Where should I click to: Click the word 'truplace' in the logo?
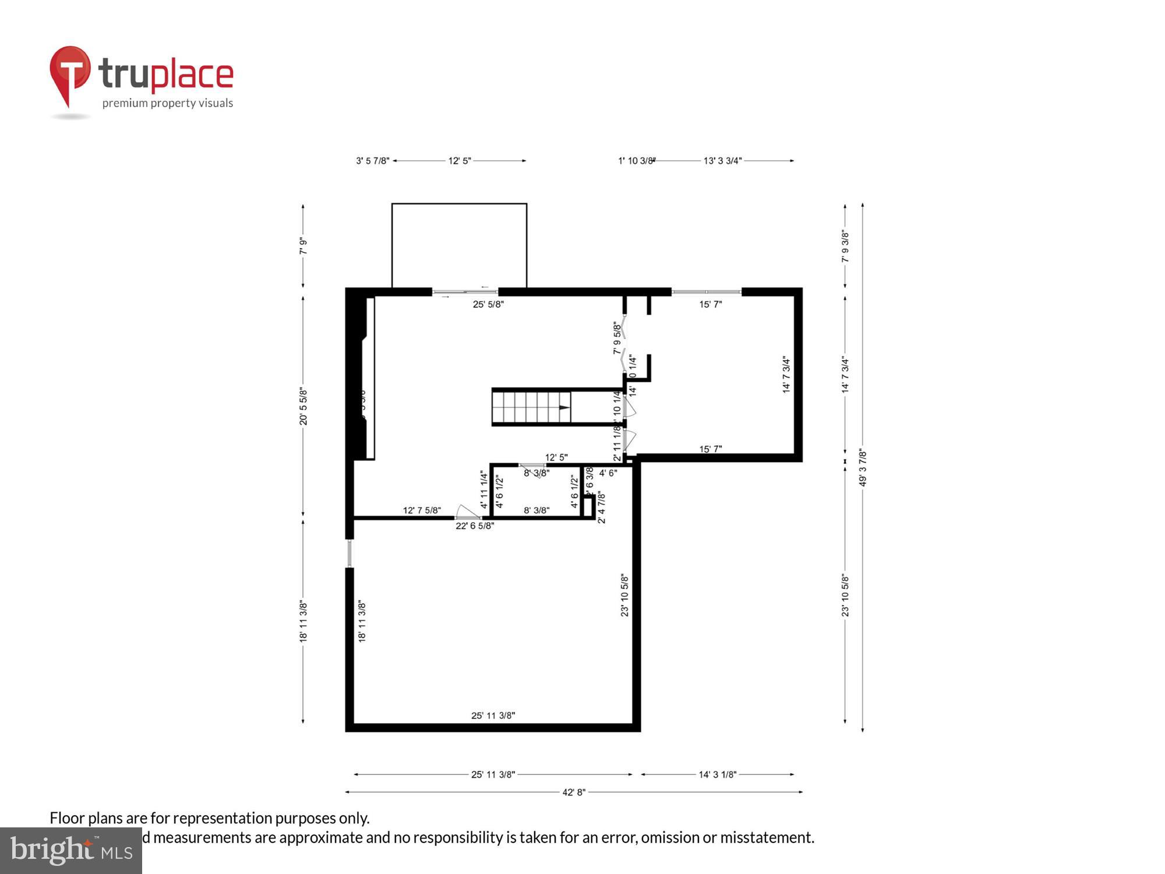(x=166, y=75)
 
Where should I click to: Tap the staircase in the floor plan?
(x=531, y=407)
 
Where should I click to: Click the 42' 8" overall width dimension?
(x=573, y=792)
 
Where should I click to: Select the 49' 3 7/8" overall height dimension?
(x=863, y=467)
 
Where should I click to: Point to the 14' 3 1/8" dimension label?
(x=717, y=774)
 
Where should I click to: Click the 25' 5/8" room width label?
(x=488, y=304)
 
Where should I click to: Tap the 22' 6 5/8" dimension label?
(x=474, y=526)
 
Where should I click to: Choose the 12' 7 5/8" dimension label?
(x=422, y=510)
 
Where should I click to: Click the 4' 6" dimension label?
(x=608, y=473)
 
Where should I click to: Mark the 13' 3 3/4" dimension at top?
(x=722, y=161)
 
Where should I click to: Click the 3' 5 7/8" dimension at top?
(x=372, y=161)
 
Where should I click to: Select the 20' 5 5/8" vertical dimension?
(x=303, y=406)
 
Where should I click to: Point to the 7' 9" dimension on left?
(x=303, y=246)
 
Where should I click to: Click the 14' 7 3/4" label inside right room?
(x=786, y=375)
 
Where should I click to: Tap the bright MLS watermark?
(x=71, y=851)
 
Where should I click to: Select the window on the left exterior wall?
(x=349, y=554)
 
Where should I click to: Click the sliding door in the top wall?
(x=465, y=292)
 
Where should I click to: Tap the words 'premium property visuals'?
(x=168, y=104)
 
